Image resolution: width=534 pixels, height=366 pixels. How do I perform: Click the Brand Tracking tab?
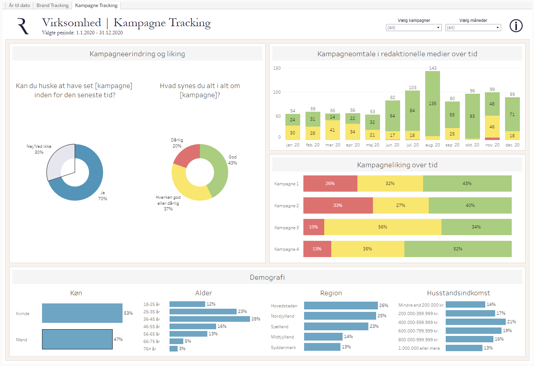tap(53, 5)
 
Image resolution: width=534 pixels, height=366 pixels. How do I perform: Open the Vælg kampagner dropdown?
tap(414, 28)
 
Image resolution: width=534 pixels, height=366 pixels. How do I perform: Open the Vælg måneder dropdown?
tap(473, 28)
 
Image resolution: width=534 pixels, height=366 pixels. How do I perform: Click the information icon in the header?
tap(516, 26)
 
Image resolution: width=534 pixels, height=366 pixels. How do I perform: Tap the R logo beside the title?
tap(23, 27)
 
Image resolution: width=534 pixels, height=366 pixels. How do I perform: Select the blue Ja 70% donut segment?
tap(88, 187)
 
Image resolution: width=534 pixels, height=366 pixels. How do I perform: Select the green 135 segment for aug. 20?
tap(433, 104)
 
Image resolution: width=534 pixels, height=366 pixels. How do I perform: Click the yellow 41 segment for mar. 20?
tap(332, 130)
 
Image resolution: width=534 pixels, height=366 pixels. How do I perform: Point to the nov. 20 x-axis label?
tap(492, 145)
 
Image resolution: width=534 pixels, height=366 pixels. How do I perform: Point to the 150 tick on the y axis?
tap(277, 68)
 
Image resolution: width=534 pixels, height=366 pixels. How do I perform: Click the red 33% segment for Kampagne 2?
tap(338, 205)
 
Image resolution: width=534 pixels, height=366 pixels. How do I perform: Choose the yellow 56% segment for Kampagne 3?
tap(382, 227)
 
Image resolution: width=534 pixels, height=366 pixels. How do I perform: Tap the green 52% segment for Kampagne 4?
tap(458, 249)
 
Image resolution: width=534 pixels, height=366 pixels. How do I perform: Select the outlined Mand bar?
tap(77, 339)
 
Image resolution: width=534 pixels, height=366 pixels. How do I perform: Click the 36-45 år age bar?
tap(209, 319)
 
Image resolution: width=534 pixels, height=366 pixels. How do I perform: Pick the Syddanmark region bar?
tap(322, 347)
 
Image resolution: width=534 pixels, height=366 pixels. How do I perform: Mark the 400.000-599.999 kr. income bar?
tap(475, 322)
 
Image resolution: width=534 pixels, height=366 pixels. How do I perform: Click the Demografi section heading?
tap(267, 277)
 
